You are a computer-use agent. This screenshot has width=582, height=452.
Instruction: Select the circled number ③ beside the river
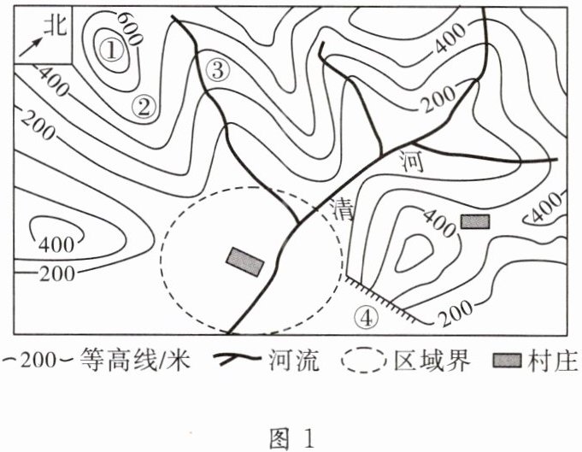217,71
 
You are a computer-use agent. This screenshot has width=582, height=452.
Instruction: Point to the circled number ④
365,317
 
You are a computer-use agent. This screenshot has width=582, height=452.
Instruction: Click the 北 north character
56,25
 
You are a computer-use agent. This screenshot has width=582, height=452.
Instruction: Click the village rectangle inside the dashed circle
245,261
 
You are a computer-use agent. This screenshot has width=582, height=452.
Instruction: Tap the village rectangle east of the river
474,221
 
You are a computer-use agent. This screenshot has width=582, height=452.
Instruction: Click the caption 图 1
291,439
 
